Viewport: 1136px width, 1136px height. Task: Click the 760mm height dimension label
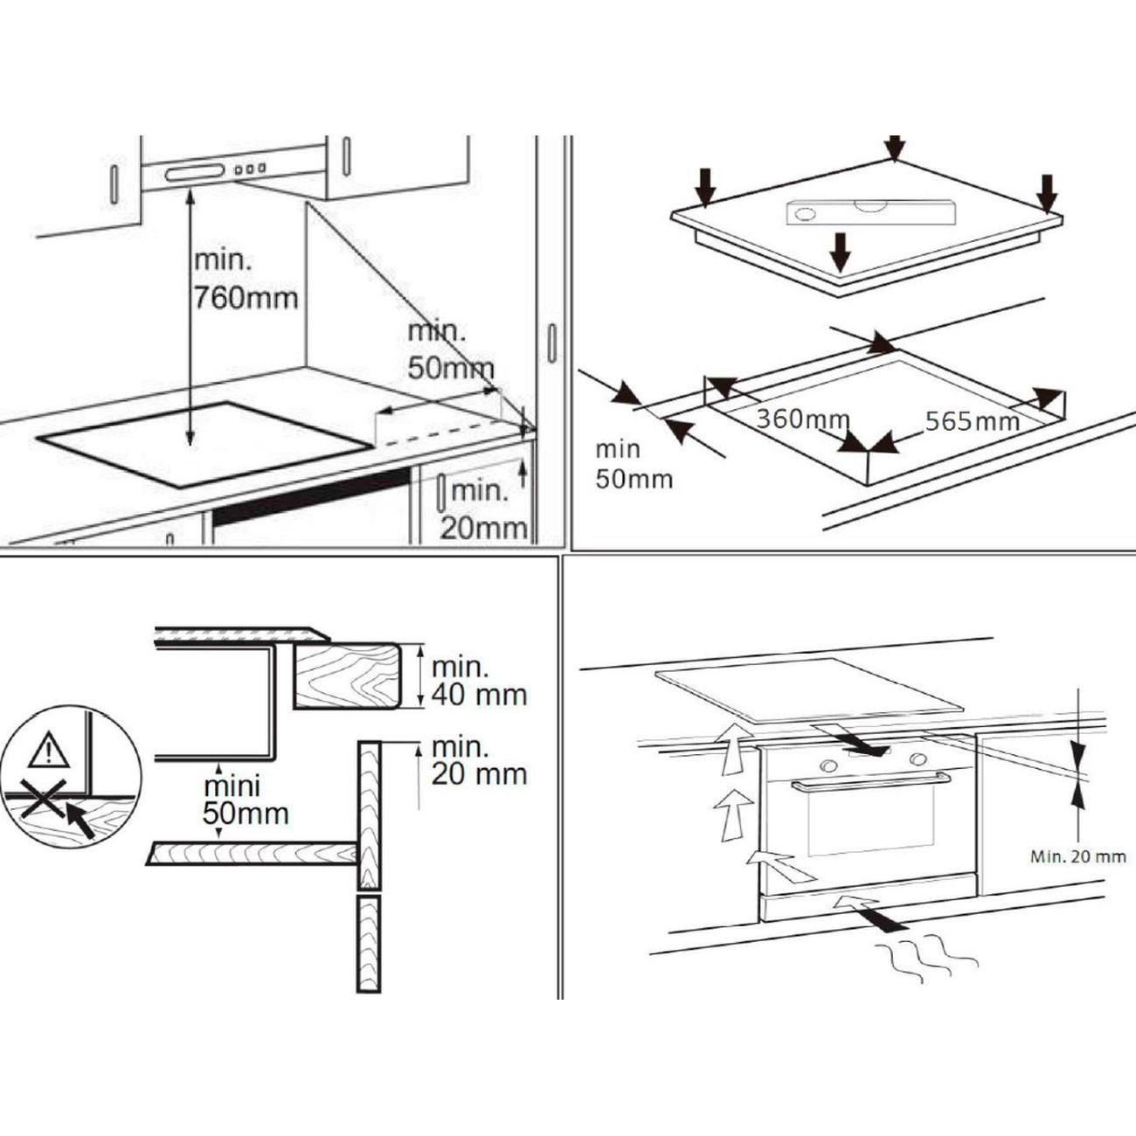point(246,279)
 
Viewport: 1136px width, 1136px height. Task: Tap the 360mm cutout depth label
point(803,419)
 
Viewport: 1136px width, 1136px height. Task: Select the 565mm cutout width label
point(972,421)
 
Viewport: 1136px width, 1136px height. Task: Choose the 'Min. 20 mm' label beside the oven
point(1078,856)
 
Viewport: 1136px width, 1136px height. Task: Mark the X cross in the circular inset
point(43,797)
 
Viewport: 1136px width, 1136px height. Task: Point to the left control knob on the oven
point(828,765)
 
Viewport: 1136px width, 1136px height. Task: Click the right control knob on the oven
point(918,758)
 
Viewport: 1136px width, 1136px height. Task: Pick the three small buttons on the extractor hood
point(250,170)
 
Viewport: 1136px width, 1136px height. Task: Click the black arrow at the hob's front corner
point(841,253)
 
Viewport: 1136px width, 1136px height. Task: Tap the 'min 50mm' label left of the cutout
point(634,464)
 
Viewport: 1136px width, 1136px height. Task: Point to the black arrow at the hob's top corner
point(895,148)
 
